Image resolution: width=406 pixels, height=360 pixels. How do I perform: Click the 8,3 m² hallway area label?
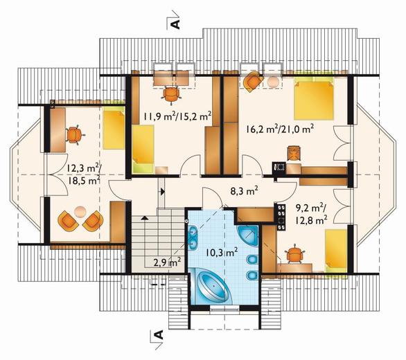(244, 192)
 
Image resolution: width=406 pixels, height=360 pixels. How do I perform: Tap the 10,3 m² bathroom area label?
(222, 252)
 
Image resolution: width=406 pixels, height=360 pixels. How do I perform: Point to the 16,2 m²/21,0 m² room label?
(280, 129)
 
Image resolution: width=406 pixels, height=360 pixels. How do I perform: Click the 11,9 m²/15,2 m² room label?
(177, 116)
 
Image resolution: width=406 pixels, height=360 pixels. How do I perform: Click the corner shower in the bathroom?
(249, 237)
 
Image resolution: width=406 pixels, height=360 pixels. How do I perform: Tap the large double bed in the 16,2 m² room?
(314, 100)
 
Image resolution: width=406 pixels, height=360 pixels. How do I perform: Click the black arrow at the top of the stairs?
(162, 192)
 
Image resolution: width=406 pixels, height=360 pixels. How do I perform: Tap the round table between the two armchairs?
(80, 212)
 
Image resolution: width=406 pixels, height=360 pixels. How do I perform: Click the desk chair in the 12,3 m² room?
(75, 134)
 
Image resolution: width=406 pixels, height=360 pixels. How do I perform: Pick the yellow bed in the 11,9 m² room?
(143, 149)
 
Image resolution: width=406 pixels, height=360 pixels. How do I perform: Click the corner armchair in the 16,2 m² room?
(253, 80)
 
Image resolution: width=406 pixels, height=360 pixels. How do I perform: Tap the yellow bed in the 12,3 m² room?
(114, 128)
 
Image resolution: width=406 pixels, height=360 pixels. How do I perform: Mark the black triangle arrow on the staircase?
(145, 217)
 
